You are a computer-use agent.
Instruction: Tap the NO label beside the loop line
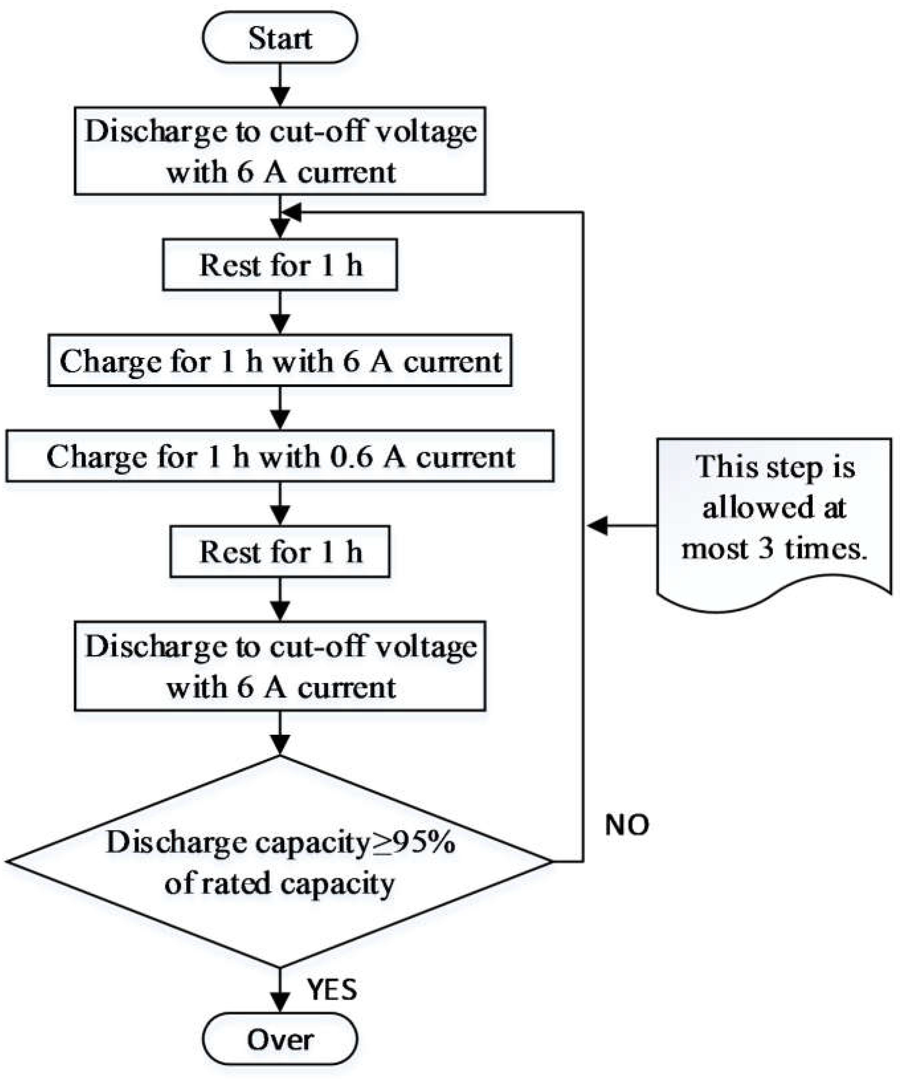627,825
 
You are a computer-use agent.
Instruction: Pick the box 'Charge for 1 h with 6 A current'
280,361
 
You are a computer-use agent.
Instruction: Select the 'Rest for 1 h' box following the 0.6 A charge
280,552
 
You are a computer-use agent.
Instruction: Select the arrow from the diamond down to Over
280,989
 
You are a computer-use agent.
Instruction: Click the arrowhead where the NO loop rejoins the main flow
292,212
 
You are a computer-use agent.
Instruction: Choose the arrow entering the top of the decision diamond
280,734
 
